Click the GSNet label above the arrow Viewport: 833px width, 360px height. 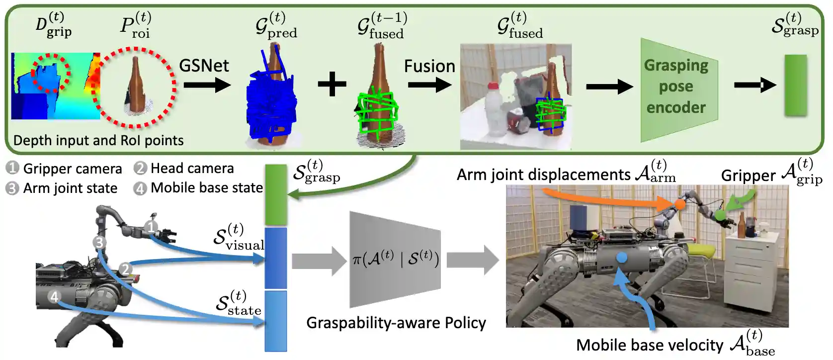pos(204,66)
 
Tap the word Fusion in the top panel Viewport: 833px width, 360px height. pos(429,66)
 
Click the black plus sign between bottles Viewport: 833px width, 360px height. pos(332,84)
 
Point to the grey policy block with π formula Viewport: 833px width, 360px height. pos(396,259)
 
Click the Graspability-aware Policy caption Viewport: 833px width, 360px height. pos(396,323)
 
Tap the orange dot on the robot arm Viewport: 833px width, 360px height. pos(679,204)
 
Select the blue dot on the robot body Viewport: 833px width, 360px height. pos(621,258)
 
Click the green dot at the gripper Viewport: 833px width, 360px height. pos(719,215)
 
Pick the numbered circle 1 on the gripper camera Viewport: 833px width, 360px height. pos(151,227)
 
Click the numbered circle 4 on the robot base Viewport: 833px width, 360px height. pos(54,297)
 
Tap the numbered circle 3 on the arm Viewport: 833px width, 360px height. pos(99,242)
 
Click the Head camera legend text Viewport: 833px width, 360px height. pos(192,169)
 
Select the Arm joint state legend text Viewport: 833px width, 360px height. pos(70,188)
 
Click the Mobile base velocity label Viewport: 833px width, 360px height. pos(650,345)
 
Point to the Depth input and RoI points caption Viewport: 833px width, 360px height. pos(98,141)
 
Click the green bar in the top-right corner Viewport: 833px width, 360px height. pos(795,86)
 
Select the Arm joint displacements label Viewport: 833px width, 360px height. pos(543,175)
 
